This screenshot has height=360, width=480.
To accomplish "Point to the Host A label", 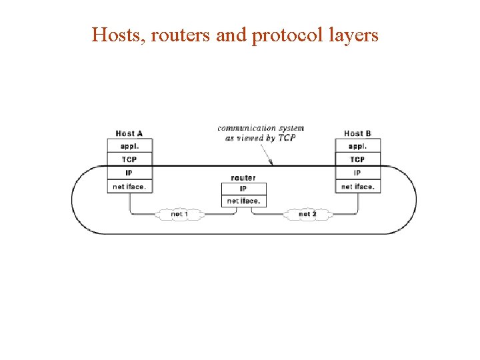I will click(129, 133).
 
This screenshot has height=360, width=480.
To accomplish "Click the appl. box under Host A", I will click(130, 146).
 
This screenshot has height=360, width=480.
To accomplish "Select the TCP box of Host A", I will click(130, 159).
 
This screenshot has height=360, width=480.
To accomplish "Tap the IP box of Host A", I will click(130, 173).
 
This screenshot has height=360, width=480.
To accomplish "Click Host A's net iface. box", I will click(130, 187).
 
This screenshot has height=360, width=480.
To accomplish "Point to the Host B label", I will click(357, 133).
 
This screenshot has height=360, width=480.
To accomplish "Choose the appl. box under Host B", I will click(358, 146).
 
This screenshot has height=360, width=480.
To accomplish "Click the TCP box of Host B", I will click(358, 159).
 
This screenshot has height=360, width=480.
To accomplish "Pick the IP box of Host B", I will click(358, 173).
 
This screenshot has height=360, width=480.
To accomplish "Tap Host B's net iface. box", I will click(358, 187).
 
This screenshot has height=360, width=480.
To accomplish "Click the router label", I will click(243, 178).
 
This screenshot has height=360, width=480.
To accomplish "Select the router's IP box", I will click(243, 189).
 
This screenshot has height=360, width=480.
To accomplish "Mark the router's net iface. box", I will click(243, 201).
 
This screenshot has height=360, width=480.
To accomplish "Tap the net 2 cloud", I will click(307, 214).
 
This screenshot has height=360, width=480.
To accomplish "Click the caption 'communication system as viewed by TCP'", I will click(261, 133).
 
